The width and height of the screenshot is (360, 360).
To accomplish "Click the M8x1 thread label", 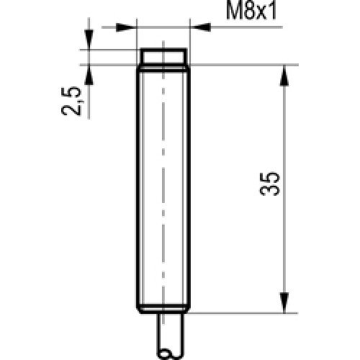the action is pyautogui.click(x=251, y=11).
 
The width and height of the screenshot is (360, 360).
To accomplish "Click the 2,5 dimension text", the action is pyautogui.click(x=71, y=101).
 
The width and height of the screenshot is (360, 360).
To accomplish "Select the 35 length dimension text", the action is pyautogui.click(x=270, y=184).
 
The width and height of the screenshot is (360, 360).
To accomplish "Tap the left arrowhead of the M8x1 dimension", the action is pyautogui.click(x=126, y=27).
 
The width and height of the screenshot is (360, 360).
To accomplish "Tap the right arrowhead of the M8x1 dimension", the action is pyautogui.click(x=200, y=27).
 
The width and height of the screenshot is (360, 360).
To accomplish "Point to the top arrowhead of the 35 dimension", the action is pyautogui.click(x=284, y=76).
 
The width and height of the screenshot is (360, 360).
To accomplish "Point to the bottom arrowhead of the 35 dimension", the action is pyautogui.click(x=284, y=302).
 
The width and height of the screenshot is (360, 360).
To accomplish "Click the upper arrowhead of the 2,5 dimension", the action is pyautogui.click(x=89, y=40).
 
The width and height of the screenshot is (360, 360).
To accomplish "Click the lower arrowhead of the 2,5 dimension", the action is pyautogui.click(x=89, y=75).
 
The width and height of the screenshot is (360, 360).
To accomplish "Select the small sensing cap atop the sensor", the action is pyautogui.click(x=163, y=57).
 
